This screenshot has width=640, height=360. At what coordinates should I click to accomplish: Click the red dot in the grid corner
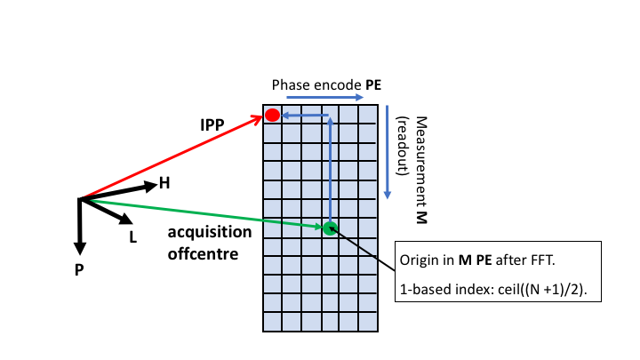[273, 115]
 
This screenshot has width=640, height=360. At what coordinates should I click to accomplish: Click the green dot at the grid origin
[329, 228]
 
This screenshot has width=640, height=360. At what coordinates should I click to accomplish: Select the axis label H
[164, 183]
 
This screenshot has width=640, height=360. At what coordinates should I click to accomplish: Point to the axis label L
[132, 237]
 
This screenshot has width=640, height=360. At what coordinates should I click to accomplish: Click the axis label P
[79, 267]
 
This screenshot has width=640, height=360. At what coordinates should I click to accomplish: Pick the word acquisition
[210, 232]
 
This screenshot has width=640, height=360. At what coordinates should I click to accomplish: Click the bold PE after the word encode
[372, 84]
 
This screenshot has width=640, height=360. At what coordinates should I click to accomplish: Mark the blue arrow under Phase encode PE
[324, 97]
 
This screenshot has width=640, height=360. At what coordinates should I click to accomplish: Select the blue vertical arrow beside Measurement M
[388, 151]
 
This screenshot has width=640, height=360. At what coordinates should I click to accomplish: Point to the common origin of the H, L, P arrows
[80, 198]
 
